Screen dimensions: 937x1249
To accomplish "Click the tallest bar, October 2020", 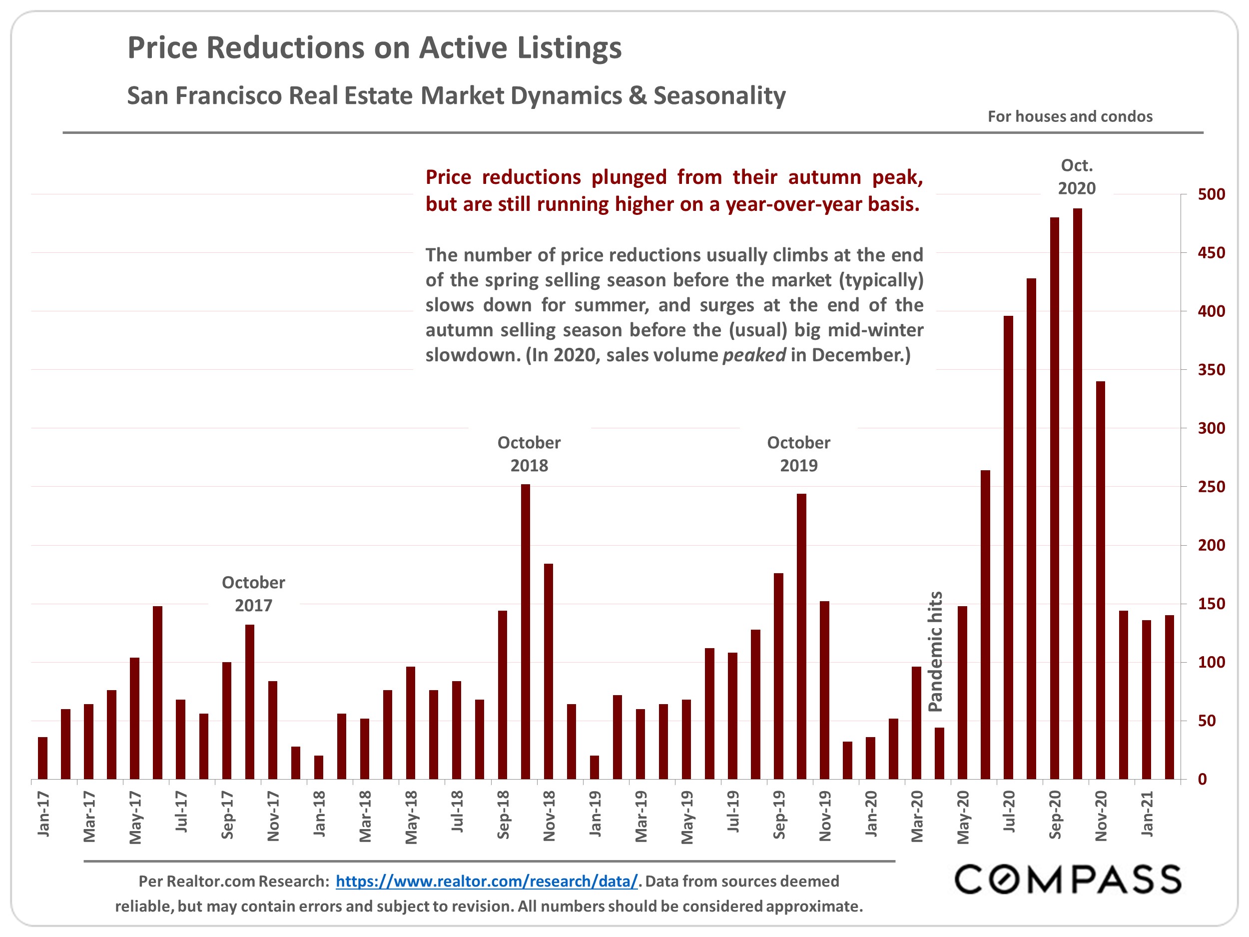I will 1077,494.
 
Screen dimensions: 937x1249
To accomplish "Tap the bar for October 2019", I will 801,637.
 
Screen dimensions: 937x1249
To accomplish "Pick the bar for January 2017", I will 43,758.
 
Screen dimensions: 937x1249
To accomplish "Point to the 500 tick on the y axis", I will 1211,194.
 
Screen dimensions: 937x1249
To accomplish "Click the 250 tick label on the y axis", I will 1211,487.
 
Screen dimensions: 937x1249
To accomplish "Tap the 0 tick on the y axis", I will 1202,780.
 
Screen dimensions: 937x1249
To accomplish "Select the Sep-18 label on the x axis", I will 503,815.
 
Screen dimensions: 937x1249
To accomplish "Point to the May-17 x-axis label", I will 135,817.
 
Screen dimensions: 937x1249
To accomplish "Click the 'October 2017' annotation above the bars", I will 253,594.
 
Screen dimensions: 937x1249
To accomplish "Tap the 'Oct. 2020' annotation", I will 1076,177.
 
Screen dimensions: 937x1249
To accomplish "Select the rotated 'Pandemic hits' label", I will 936,651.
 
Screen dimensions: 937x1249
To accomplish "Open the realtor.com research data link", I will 486,881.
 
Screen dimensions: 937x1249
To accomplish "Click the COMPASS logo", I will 1067,880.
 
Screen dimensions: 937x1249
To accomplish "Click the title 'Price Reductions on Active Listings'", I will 374,47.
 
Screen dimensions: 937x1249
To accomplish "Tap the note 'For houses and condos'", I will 1070,116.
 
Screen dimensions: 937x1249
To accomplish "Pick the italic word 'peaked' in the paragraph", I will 754,355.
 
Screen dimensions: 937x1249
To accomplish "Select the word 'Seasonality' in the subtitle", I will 719,95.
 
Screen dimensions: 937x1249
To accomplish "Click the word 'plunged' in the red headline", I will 629,177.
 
